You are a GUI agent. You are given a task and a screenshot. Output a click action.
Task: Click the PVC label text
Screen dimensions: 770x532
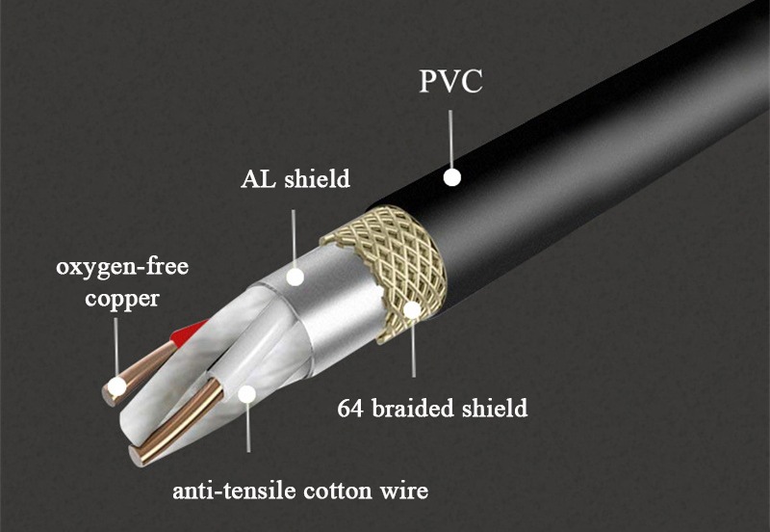pos(450,82)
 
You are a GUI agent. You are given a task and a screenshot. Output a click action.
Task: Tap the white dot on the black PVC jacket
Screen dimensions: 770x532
pos(452,177)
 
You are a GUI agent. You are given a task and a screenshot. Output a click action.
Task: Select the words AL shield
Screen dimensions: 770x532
pos(295,179)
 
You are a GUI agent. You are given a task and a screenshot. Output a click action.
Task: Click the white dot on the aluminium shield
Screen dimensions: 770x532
pos(295,277)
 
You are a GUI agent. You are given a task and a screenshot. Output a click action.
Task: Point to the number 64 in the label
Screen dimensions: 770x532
pos(350,409)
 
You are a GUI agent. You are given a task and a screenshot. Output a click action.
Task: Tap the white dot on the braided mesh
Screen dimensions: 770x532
pos(413,309)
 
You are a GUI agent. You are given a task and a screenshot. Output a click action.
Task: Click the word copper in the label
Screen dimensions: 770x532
pos(122,299)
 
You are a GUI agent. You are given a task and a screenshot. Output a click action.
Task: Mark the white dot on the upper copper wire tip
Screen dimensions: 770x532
pos(116,387)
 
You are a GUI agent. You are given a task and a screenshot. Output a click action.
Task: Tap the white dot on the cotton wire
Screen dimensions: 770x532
pos(247,394)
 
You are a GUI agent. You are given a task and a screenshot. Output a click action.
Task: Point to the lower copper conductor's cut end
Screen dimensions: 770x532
pos(135,456)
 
